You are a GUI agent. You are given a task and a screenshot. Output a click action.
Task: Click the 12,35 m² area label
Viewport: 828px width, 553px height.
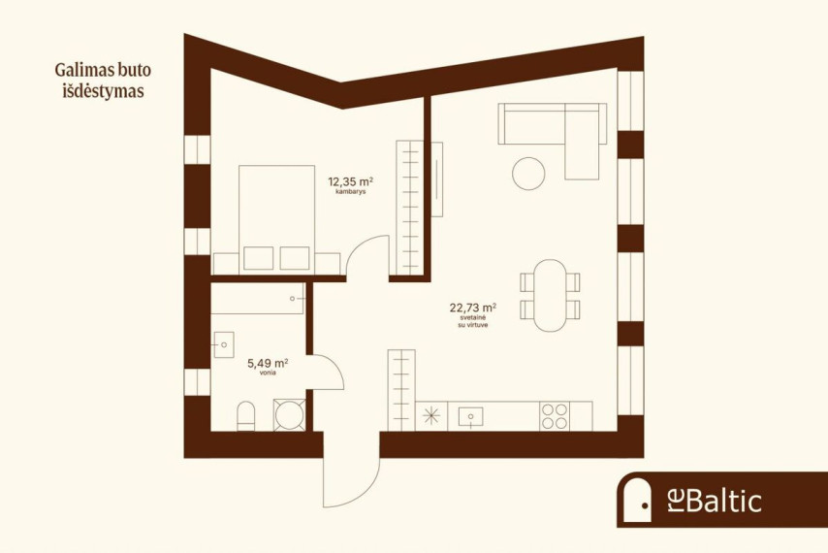pos(351,182)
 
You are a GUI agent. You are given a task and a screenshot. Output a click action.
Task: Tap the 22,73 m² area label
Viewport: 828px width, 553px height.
pos(472,308)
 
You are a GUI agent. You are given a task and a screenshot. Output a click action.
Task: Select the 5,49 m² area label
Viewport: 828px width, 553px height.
pos(268,364)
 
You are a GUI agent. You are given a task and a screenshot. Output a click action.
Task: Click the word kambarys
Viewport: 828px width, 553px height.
pos(351,192)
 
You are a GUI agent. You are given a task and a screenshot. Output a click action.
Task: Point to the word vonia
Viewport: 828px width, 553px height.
pos(268,373)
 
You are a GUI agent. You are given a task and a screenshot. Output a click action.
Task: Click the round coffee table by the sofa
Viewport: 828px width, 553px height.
pos(528,174)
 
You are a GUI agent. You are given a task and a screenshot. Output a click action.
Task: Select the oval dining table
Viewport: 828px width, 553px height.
pos(550,295)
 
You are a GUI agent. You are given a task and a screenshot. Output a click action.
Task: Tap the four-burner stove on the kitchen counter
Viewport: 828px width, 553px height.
pos(555,416)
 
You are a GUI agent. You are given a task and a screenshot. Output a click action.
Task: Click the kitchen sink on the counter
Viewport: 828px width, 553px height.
pos(470,416)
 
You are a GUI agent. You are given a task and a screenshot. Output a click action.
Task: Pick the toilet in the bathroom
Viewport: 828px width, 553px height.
pos(245,416)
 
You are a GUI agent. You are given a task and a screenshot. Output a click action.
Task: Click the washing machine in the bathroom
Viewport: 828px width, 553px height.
pos(289,414)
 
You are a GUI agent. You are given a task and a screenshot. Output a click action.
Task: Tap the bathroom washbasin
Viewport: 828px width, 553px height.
pos(223,344)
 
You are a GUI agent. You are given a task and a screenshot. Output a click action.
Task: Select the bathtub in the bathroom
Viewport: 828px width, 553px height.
pos(258,299)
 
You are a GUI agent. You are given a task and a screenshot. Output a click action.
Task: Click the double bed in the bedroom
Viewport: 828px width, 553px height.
pos(276,219)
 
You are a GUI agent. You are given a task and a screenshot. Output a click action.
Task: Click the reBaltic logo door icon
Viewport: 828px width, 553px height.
pos(638,499)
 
